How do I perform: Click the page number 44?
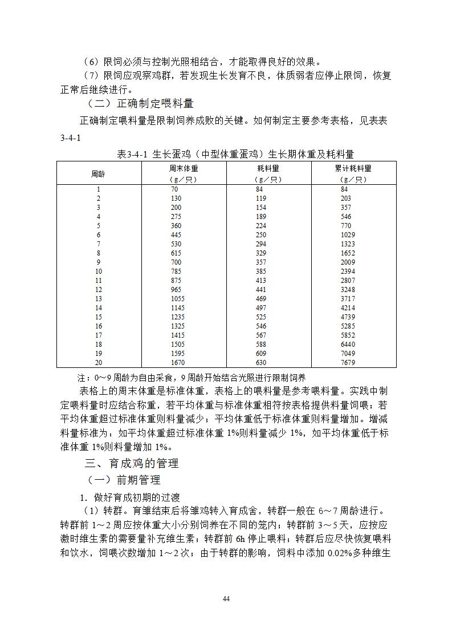click(x=226, y=598)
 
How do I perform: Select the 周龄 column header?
click(x=98, y=173)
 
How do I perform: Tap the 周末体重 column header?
click(x=184, y=169)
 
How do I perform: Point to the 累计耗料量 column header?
click(x=353, y=169)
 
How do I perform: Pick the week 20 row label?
click(x=99, y=363)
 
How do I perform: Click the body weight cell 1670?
click(x=178, y=363)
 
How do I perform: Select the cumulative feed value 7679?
click(x=348, y=363)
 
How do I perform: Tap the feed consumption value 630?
click(x=261, y=363)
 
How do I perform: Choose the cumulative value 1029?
click(x=348, y=235)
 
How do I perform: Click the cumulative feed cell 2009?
click(x=348, y=262)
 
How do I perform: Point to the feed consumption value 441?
click(x=261, y=290)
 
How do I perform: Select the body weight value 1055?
click(x=178, y=299)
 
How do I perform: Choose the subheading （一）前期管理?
click(x=123, y=480)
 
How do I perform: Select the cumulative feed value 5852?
click(x=348, y=335)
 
